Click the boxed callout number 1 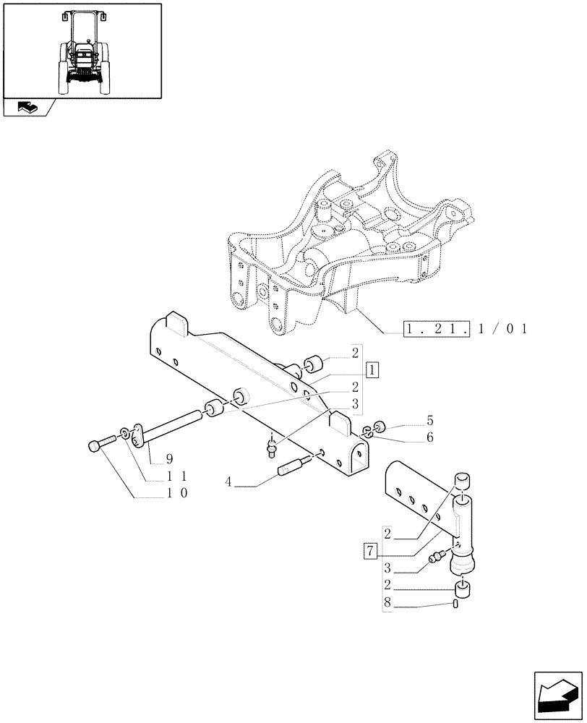click(x=372, y=371)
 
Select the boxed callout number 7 click(x=370, y=552)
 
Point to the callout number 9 click(x=168, y=458)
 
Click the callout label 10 click(x=178, y=494)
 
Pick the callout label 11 click(x=178, y=476)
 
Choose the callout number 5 click(x=429, y=419)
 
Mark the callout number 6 click(x=429, y=437)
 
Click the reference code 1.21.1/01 click(x=466, y=330)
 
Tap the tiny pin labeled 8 click(x=456, y=604)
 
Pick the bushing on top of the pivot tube click(x=462, y=482)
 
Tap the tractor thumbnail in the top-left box click(x=82, y=49)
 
